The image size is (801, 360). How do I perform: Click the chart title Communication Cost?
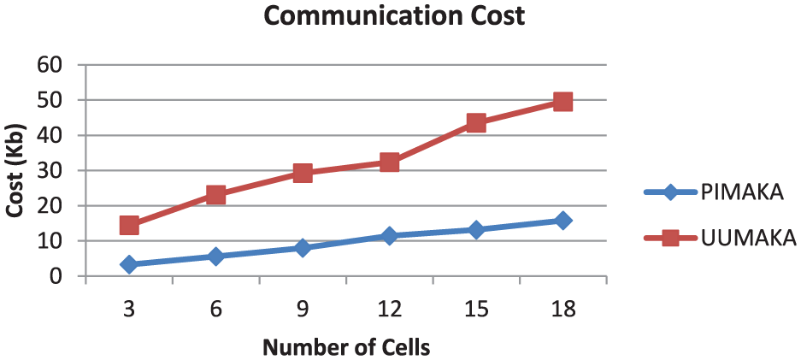(393, 16)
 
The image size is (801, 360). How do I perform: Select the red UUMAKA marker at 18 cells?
(562, 102)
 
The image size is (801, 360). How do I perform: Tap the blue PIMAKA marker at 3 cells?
(129, 264)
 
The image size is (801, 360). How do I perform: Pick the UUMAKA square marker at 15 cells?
(476, 123)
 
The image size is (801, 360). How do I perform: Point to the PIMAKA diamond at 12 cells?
(389, 236)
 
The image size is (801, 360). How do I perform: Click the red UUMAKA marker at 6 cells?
(215, 195)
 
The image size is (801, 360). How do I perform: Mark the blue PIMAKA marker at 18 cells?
(562, 221)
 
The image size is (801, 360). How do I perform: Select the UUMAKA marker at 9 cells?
(303, 173)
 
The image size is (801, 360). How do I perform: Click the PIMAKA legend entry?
(718, 192)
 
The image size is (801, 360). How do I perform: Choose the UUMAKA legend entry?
(718, 237)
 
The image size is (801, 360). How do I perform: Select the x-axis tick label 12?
(389, 309)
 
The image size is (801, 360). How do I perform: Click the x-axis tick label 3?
(129, 309)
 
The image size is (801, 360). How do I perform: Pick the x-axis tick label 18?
(562, 309)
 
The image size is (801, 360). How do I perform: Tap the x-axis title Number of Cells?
(345, 347)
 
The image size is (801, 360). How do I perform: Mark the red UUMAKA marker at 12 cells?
(389, 162)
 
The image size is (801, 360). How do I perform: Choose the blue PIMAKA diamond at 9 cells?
(303, 248)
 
